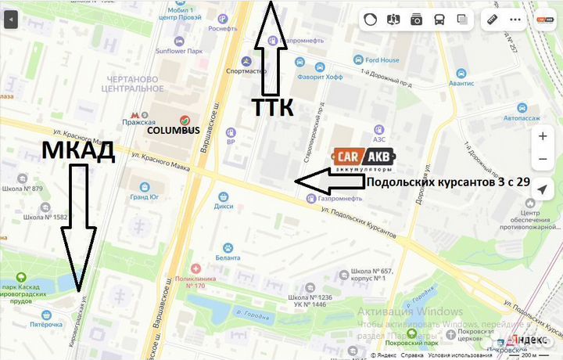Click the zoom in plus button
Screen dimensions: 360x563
pos(543,135)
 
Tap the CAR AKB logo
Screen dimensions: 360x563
pos(363,160)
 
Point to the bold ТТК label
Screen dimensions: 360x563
pos(271,108)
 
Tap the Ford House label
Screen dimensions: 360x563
pos(382,60)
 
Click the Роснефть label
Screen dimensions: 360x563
pos(223,29)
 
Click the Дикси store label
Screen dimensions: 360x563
pos(224,207)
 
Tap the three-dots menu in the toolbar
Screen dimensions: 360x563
pos(515,20)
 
